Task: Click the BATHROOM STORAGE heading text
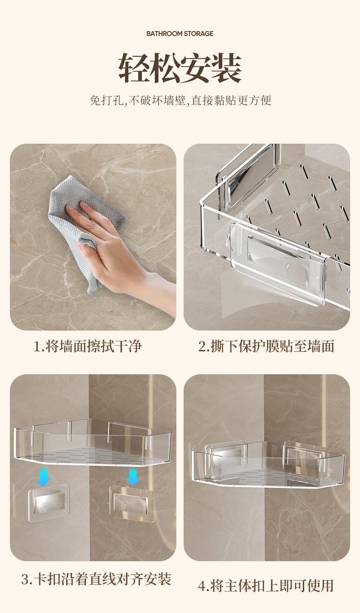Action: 180,34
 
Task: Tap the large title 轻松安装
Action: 180,68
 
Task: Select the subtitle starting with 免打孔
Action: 180,100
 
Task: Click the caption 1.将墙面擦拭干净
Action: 87,346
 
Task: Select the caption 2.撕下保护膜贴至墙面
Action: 266,346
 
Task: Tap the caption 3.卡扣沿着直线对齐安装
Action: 96,579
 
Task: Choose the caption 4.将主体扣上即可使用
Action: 265,586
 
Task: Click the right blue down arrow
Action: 133,477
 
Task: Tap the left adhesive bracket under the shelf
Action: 49,503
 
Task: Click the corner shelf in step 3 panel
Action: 93,443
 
